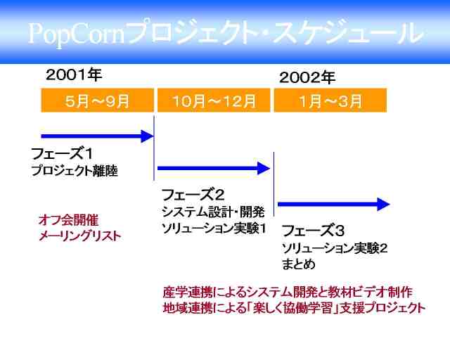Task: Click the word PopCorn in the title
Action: tap(77, 34)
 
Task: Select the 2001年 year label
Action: tap(74, 75)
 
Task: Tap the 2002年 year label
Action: tap(307, 77)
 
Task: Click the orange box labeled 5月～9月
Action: tap(97, 100)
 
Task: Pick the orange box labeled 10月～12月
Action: tap(214, 100)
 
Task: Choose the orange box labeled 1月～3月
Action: tap(330, 100)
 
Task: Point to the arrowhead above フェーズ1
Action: tap(147, 136)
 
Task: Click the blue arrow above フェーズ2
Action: tap(214, 168)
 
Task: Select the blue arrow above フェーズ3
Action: tap(334, 204)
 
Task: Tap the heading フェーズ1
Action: tap(62, 153)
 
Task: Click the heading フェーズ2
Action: tap(193, 195)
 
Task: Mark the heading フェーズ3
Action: tap(313, 230)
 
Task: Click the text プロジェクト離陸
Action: tap(75, 171)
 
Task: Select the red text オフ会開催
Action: tap(68, 220)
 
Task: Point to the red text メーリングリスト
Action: tap(79, 236)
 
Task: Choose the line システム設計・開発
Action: tap(213, 212)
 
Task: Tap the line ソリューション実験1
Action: tap(214, 229)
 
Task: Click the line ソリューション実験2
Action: tap(335, 248)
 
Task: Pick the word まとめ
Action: tap(298, 264)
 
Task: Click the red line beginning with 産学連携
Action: tap(288, 292)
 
